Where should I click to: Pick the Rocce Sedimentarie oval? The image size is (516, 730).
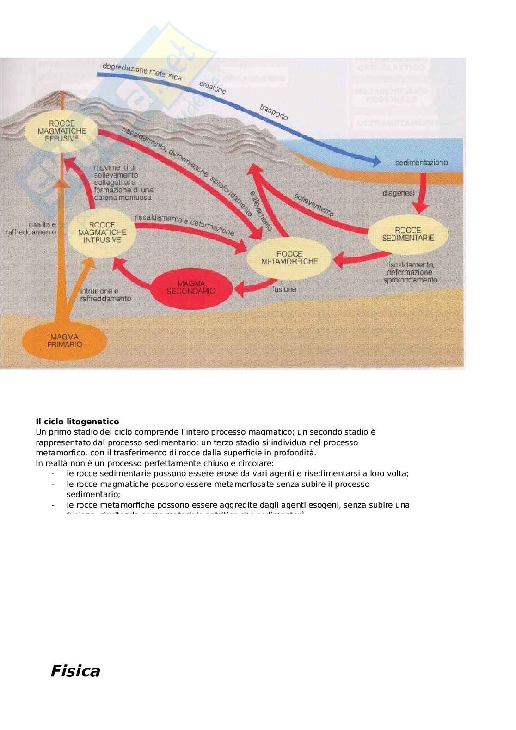(x=408, y=234)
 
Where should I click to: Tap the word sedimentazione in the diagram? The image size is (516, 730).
(x=421, y=163)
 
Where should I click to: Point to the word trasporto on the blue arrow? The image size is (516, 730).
(x=274, y=113)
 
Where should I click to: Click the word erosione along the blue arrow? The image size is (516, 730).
(x=213, y=87)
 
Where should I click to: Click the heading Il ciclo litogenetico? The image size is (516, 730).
(x=77, y=422)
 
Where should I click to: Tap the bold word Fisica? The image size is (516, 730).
(x=75, y=671)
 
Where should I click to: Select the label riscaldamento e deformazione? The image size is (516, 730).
(x=184, y=224)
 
